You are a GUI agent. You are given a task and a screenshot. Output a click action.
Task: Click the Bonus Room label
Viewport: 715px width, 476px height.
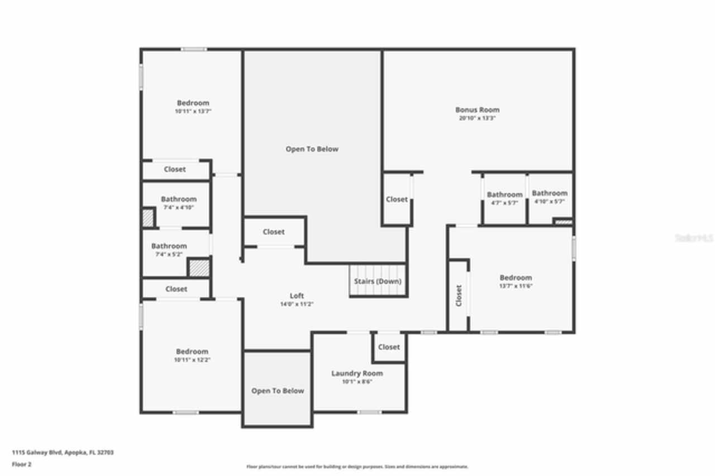coord(477,110)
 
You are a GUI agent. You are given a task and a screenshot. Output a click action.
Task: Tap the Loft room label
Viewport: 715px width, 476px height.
coord(297,296)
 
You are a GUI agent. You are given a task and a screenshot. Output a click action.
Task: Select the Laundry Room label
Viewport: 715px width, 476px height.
coord(357,373)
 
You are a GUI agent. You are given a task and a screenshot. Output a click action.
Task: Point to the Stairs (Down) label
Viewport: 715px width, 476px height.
coord(378,281)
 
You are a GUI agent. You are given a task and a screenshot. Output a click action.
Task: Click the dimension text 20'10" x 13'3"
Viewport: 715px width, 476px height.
coord(477,118)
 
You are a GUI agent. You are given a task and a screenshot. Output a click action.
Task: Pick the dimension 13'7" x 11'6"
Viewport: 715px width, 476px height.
coord(516,286)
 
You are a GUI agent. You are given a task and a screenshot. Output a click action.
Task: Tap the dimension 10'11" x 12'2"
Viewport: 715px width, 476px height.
coord(192,360)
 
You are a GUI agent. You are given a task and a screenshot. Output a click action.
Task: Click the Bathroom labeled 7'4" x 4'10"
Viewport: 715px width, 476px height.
coord(179,199)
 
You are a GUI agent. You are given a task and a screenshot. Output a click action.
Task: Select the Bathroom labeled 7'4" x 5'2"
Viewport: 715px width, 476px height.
coord(169,246)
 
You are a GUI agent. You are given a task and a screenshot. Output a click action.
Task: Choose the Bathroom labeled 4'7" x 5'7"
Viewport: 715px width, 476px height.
coord(504,194)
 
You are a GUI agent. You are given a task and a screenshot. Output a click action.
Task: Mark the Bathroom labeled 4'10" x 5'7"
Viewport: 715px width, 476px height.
coord(550,193)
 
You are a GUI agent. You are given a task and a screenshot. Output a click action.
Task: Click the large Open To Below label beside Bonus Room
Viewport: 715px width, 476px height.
coord(312,149)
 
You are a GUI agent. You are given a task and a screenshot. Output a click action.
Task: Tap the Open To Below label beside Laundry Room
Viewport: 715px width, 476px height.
coord(278,391)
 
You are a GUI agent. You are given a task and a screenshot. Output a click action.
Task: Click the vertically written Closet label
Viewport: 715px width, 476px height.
coord(459,296)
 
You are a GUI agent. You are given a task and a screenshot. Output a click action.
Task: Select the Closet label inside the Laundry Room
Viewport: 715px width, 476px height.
coord(389,347)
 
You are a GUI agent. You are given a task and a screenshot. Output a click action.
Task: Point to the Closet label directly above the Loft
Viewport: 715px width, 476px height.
coord(274,232)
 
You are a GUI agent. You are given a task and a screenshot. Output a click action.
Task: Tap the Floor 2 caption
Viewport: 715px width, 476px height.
coord(22,464)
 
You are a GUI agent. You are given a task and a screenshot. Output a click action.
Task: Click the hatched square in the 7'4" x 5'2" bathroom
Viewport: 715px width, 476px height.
coord(199,268)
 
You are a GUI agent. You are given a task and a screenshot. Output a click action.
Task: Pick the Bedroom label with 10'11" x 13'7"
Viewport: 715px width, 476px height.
coord(193,103)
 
